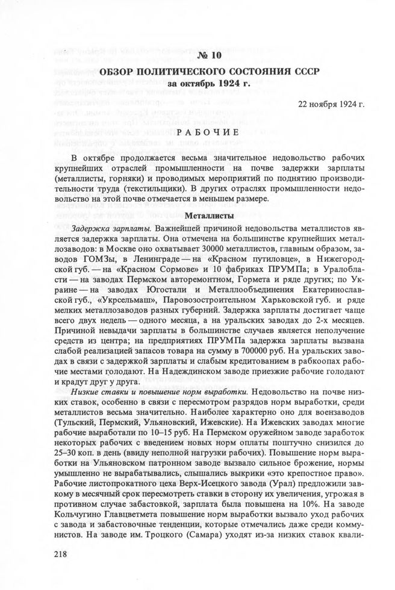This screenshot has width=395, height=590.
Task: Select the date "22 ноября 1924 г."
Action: click(331, 104)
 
